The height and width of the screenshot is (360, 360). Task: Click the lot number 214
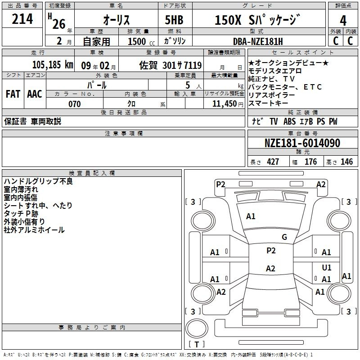(x=22, y=18)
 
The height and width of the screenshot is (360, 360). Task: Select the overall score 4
(x=343, y=20)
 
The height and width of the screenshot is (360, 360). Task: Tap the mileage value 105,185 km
(x=53, y=64)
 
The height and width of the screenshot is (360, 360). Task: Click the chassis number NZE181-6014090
(x=302, y=143)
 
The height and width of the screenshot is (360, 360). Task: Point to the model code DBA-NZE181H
(x=258, y=41)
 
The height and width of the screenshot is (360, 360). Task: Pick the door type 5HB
(x=174, y=20)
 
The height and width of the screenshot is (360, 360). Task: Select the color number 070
(x=74, y=104)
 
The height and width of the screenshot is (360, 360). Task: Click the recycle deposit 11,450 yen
(x=228, y=104)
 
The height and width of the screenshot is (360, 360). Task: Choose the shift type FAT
(x=13, y=94)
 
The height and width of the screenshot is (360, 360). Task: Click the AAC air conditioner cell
(x=35, y=94)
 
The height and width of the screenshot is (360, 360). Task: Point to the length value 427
(x=273, y=162)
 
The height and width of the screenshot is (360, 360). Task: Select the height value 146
(x=346, y=162)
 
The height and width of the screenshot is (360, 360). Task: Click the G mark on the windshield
(x=284, y=237)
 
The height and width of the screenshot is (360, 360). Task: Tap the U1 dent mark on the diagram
(x=327, y=267)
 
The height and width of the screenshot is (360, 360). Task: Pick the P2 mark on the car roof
(x=271, y=251)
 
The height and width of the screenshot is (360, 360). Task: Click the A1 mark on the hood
(x=251, y=216)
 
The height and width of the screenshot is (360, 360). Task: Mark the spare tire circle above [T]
(x=197, y=328)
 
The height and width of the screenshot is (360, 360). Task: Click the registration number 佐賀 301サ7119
(x=171, y=65)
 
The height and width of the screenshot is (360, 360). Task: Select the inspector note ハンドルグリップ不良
(x=38, y=181)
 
